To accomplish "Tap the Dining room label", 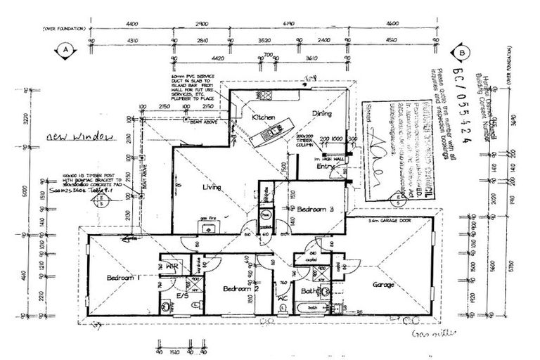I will point(323,113).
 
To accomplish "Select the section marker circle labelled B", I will point(462,52).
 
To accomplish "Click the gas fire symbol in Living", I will point(208,220).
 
